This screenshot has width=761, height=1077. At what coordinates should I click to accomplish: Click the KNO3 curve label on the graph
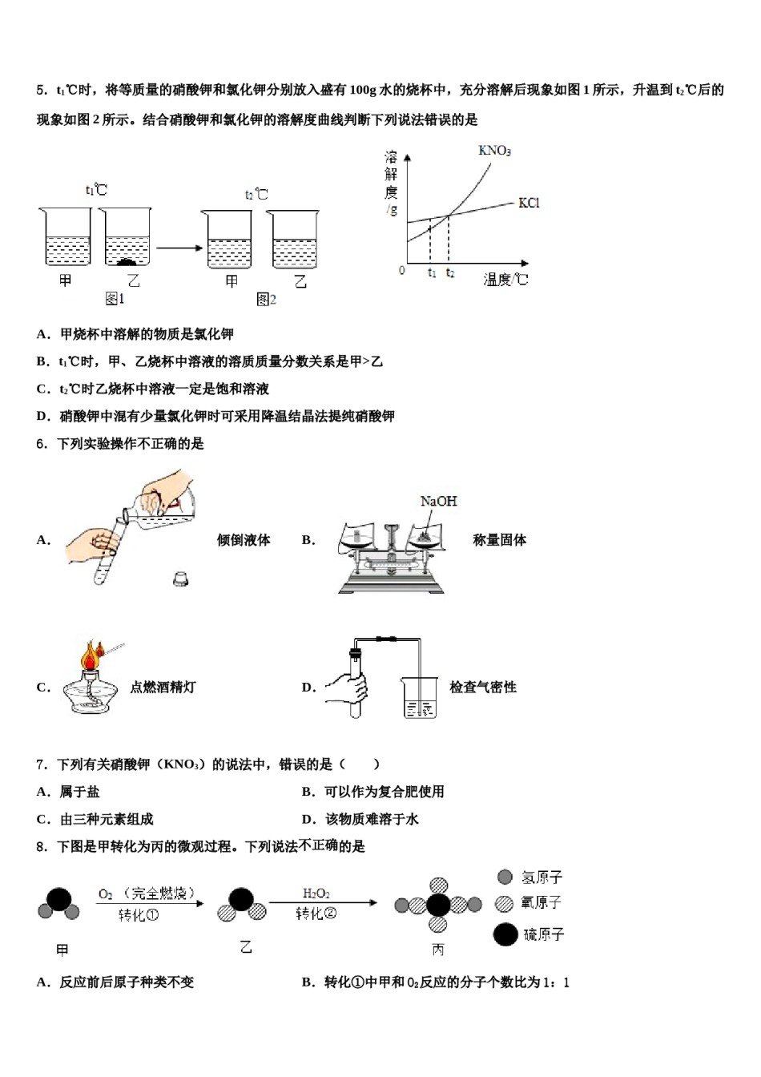[x=494, y=151]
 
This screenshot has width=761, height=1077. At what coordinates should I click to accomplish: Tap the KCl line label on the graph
[x=529, y=203]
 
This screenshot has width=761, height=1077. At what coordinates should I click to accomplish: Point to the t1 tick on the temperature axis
[x=431, y=273]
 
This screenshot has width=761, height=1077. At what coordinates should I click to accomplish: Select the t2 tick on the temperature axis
[x=450, y=273]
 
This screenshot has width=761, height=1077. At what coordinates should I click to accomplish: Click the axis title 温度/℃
[x=505, y=280]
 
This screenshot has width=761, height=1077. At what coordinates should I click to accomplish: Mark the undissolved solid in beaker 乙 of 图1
[x=127, y=261]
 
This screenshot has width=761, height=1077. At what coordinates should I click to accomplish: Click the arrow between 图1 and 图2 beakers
[x=179, y=247]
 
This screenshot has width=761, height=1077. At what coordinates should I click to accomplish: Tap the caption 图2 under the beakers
[x=266, y=299]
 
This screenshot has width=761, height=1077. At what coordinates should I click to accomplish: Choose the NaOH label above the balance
[x=438, y=501]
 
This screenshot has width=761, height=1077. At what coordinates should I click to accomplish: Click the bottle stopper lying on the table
[x=180, y=577]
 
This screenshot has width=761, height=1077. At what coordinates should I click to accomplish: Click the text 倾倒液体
[x=244, y=540]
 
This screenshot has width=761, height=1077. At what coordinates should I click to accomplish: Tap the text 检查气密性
[x=482, y=687]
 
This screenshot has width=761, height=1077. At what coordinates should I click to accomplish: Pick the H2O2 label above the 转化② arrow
[x=316, y=893]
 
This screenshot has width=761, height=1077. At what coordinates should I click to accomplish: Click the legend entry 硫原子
[x=544, y=934]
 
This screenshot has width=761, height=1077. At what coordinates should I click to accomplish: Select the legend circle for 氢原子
[x=505, y=877]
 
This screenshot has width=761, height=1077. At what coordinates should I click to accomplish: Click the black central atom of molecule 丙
[x=438, y=906]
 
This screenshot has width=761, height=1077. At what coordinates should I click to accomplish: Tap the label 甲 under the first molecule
[x=62, y=950]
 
